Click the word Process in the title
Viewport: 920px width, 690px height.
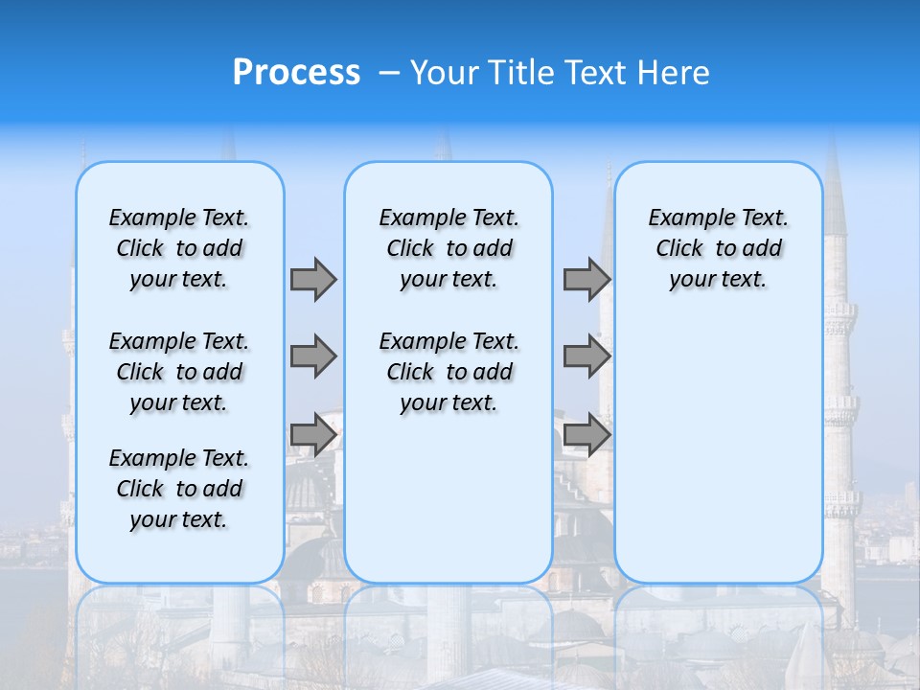(296, 73)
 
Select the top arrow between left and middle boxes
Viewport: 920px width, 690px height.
(313, 279)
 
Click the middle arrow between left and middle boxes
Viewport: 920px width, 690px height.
(313, 356)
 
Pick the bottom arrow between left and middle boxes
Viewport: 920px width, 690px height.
(313, 435)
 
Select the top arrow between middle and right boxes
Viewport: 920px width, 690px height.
(586, 279)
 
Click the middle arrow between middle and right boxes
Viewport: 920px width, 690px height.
(586, 356)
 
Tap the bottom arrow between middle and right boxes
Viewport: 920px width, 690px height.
(586, 435)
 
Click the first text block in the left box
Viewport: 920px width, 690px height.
(179, 248)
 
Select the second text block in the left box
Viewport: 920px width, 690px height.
(179, 372)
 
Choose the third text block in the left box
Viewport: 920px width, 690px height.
(179, 489)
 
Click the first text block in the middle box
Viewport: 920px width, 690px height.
(448, 248)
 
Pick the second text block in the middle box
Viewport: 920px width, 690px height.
(448, 372)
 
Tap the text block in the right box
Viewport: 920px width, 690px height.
(718, 248)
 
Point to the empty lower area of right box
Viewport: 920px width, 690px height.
(718, 441)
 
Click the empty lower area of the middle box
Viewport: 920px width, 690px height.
(448, 498)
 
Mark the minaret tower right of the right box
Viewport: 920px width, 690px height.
(841, 383)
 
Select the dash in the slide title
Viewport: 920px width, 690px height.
(389, 73)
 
